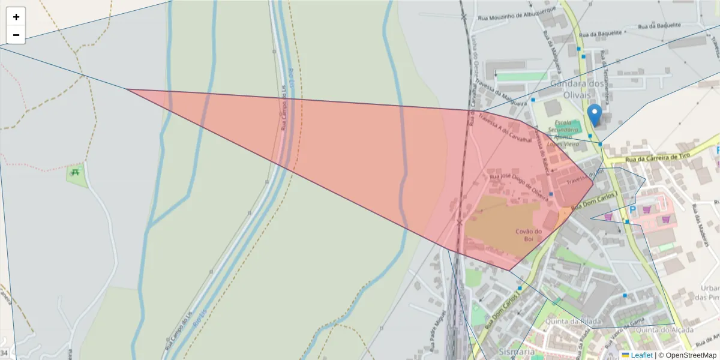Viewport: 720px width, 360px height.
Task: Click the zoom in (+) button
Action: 16,17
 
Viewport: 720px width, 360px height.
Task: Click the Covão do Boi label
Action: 529,235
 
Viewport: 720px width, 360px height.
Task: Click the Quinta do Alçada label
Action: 664,329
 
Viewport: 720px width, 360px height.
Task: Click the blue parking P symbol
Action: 632,210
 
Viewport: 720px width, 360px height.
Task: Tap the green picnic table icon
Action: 76,172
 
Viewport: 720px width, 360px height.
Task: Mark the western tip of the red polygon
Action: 128,89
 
